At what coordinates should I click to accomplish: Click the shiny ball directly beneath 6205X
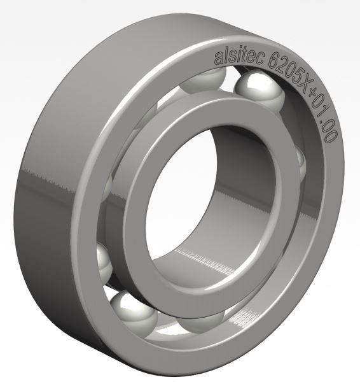(x=259, y=93)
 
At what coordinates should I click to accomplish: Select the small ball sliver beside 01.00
(x=300, y=165)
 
